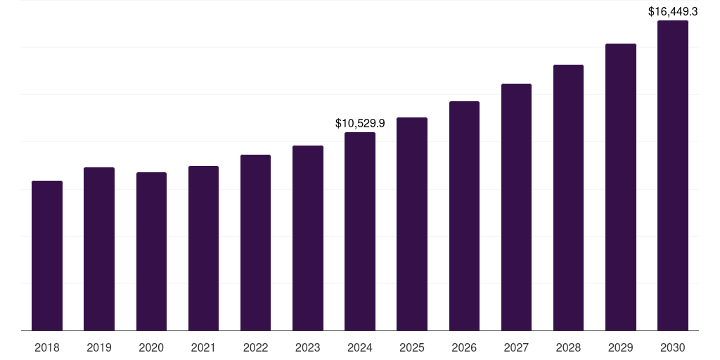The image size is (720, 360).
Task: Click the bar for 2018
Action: pyautogui.click(x=47, y=256)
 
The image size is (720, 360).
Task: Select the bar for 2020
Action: pyautogui.click(x=151, y=252)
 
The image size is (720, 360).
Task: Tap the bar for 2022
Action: pyautogui.click(x=255, y=243)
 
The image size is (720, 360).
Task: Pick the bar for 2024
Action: pyautogui.click(x=360, y=231)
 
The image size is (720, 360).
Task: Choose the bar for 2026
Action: pyautogui.click(x=464, y=216)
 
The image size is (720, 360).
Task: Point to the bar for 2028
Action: pyautogui.click(x=568, y=198)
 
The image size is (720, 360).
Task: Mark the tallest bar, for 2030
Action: pyautogui.click(x=673, y=176)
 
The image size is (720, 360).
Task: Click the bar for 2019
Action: pyautogui.click(x=99, y=249)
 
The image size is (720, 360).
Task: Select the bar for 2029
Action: pyautogui.click(x=621, y=187)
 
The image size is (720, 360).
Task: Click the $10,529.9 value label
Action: pyautogui.click(x=360, y=124)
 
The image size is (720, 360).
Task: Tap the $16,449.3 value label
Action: pyautogui.click(x=673, y=11)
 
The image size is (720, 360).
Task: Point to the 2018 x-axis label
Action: pyautogui.click(x=47, y=347)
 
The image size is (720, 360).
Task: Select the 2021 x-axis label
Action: pyautogui.click(x=203, y=347)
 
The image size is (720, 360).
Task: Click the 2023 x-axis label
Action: pyautogui.click(x=308, y=347)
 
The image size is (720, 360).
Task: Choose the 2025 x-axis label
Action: pyautogui.click(x=412, y=347)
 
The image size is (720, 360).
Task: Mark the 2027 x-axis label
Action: pyautogui.click(x=516, y=347)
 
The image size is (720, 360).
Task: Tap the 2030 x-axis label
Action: pyautogui.click(x=673, y=347)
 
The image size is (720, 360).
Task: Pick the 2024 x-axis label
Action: pyautogui.click(x=360, y=347)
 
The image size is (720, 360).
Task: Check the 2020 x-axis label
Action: pyautogui.click(x=151, y=347)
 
